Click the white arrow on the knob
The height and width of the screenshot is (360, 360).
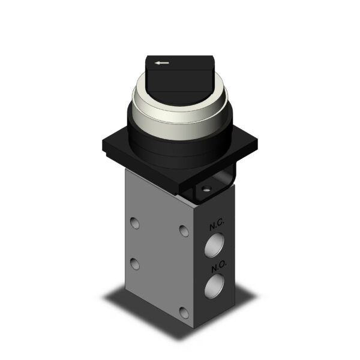pyautogui.click(x=161, y=62)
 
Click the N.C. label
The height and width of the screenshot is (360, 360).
pyautogui.click(x=216, y=226)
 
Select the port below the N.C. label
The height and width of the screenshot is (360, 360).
pyautogui.click(x=214, y=245)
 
